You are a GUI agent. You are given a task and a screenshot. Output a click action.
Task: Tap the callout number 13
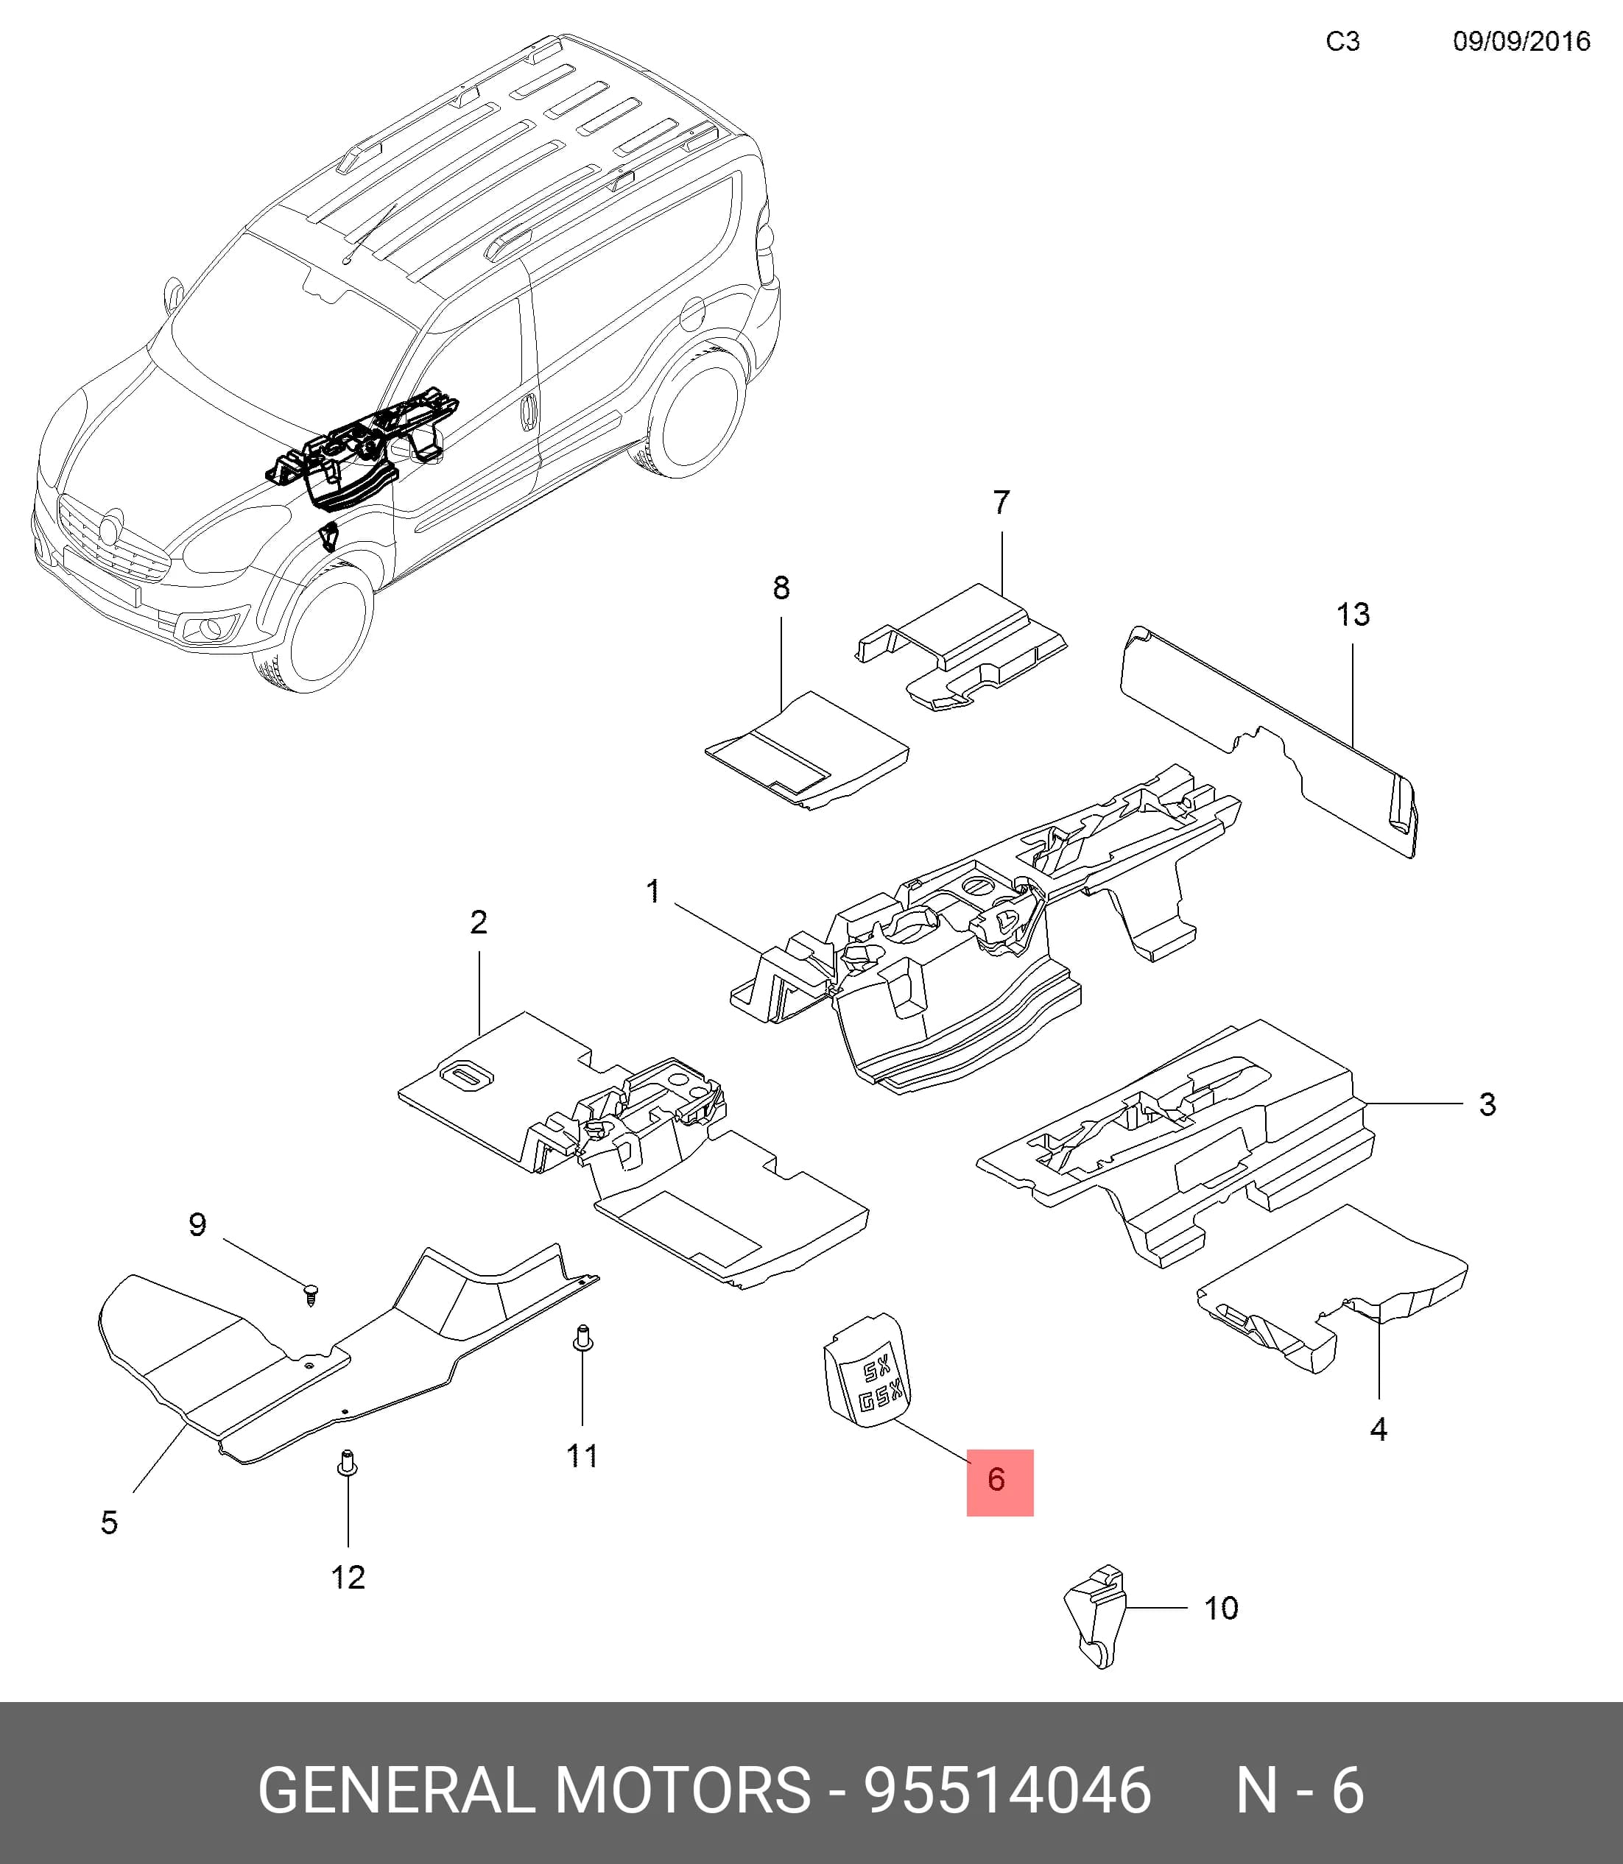click(x=1353, y=615)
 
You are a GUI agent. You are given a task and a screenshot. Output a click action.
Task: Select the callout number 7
click(x=1001, y=502)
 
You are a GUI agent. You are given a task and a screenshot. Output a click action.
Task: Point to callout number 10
click(x=1220, y=1608)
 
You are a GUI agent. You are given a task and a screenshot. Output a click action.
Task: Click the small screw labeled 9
click(x=312, y=1293)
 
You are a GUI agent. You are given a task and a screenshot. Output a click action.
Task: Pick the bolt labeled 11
click(x=583, y=1337)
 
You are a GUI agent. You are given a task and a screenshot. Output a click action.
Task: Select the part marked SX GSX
click(x=867, y=1371)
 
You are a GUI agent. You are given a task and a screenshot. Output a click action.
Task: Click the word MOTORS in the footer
click(x=683, y=1790)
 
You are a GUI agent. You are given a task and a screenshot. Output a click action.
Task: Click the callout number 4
click(x=1379, y=1430)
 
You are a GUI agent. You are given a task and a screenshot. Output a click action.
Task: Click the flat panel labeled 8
click(x=806, y=749)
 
